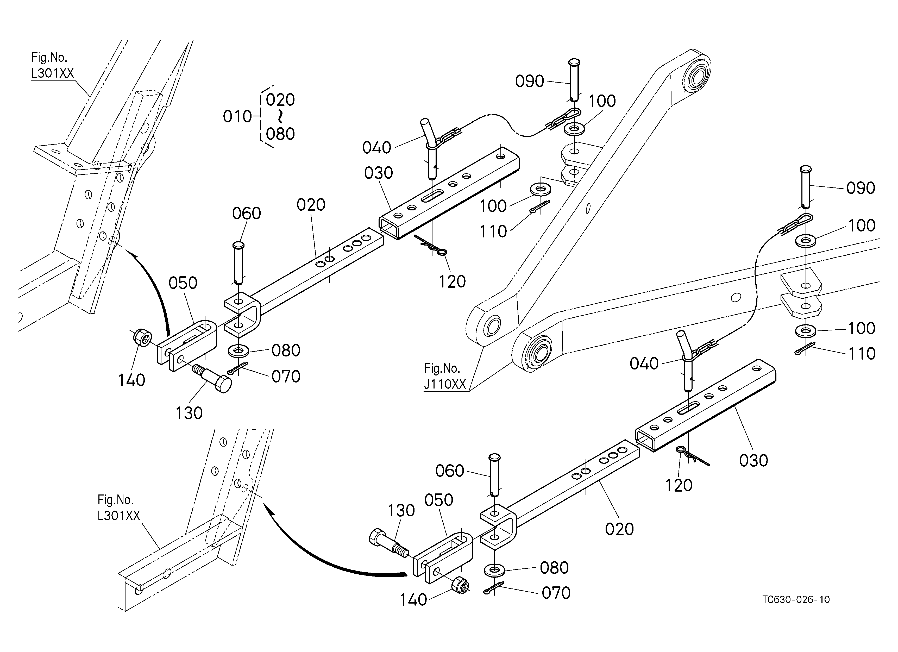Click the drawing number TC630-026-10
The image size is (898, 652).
click(796, 600)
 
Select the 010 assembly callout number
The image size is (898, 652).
click(237, 117)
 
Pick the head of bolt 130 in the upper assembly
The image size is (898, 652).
click(224, 384)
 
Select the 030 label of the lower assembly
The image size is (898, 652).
click(753, 460)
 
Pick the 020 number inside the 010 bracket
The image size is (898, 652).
click(280, 100)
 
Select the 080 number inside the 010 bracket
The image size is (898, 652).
click(280, 134)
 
